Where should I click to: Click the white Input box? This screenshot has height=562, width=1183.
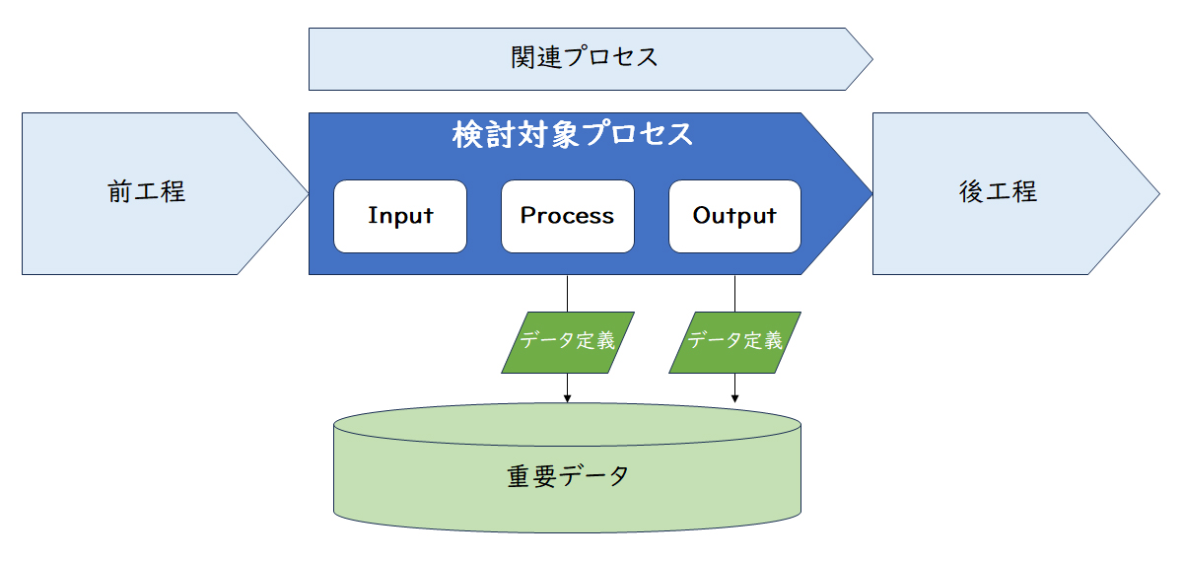(x=400, y=217)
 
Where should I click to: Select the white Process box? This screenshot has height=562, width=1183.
(x=568, y=217)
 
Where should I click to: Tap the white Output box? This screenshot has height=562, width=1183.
(x=734, y=217)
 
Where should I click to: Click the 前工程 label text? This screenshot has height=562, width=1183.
(x=146, y=191)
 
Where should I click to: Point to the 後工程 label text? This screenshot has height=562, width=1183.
(x=998, y=191)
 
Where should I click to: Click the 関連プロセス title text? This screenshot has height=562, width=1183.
(x=584, y=57)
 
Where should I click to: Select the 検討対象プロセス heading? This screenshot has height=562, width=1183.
(x=573, y=134)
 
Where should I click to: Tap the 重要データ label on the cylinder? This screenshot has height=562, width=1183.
(x=568, y=476)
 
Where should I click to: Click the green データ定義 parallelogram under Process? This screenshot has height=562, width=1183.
(x=568, y=342)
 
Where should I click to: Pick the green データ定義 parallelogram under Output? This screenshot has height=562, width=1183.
(x=734, y=342)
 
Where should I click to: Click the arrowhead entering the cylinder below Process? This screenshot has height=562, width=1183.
(x=567, y=398)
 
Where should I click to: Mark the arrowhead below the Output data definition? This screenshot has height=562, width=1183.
(x=734, y=398)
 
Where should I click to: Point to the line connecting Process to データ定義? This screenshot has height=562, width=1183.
(x=567, y=293)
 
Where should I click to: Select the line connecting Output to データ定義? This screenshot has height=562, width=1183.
(x=734, y=293)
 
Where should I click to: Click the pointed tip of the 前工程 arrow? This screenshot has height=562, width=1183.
(x=308, y=194)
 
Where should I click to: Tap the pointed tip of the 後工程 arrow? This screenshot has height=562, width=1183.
(x=1159, y=194)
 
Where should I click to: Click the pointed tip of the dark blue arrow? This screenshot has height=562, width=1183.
(x=871, y=194)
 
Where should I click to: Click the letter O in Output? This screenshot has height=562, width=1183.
(x=702, y=215)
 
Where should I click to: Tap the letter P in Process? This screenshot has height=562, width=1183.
(x=527, y=215)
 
